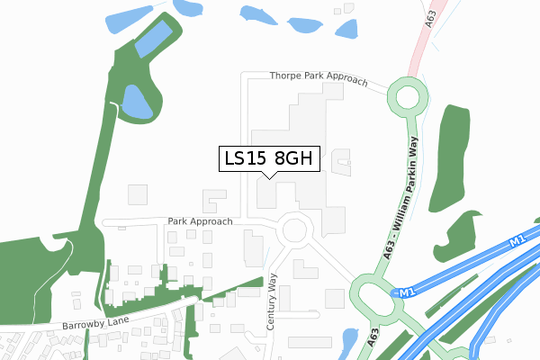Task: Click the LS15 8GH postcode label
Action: click(268, 158)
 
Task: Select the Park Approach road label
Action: click(200, 221)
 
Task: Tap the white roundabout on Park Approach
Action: click(294, 230)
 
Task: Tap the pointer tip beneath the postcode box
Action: click(268, 177)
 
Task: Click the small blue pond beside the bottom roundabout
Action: click(349, 339)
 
